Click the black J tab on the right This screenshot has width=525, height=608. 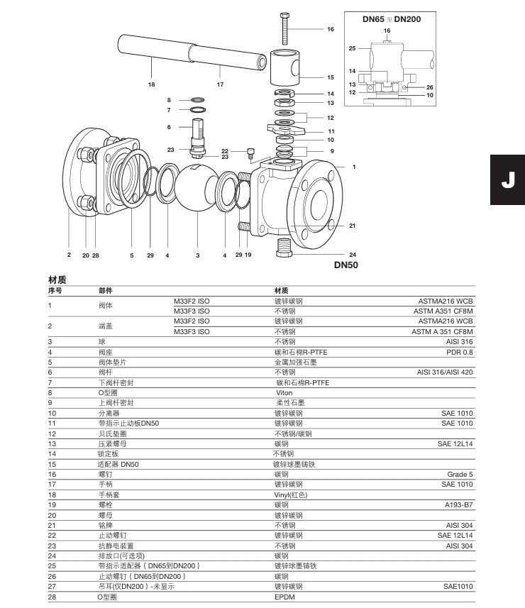(507, 180)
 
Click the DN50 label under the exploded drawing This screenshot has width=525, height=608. (348, 265)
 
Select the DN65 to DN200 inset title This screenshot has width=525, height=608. (392, 18)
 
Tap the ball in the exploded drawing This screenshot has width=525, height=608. (197, 187)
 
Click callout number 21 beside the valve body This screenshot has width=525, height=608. (352, 226)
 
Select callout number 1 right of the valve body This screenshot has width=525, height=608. (353, 167)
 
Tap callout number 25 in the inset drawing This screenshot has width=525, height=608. (352, 48)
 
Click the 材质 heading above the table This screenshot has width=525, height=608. (57, 280)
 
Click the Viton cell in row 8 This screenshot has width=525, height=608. (284, 392)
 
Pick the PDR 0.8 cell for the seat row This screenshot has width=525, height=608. (459, 352)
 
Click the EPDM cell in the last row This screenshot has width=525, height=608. (284, 597)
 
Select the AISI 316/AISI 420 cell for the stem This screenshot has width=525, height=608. (445, 372)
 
